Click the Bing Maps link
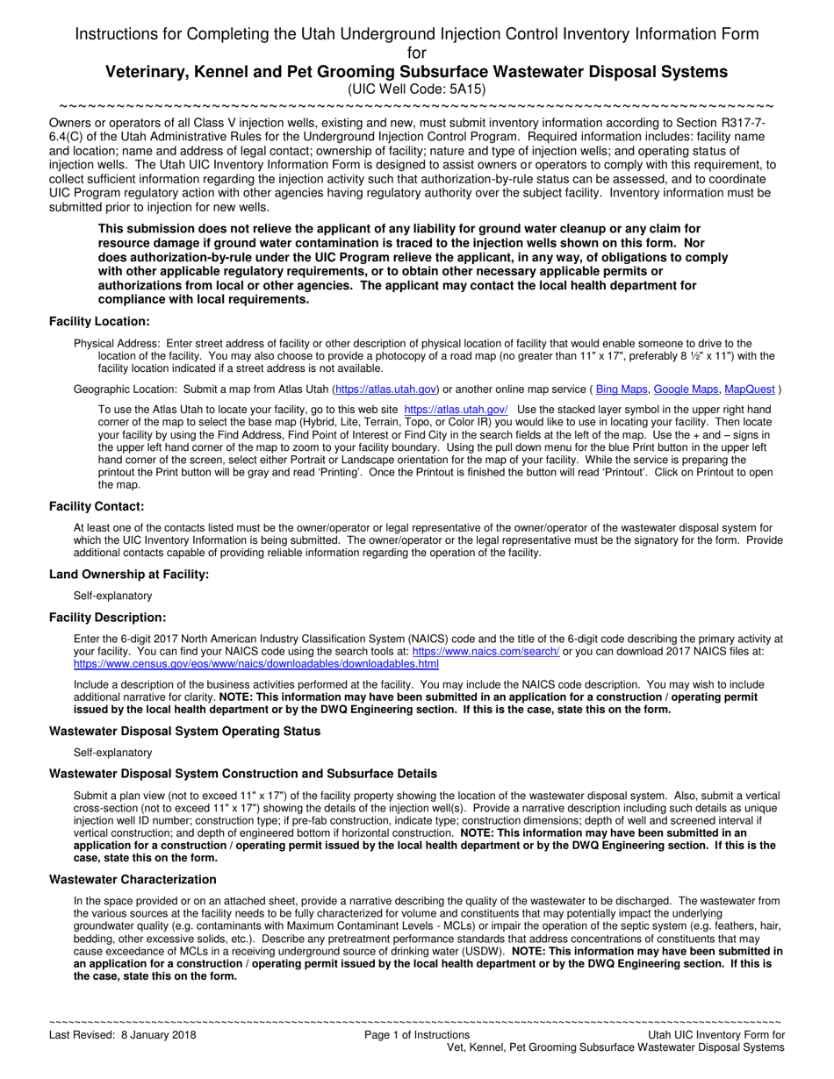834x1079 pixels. tap(622, 388)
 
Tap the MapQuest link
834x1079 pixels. tap(749, 388)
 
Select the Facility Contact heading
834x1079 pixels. tap(97, 506)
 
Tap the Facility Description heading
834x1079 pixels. tap(107, 618)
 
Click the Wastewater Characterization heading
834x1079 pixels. tap(133, 879)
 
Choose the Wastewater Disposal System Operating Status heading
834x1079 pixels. tap(184, 731)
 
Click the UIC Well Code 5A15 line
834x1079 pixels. tap(416, 89)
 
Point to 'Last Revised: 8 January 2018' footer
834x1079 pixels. tap(123, 1035)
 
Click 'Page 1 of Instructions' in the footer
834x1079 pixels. tap(417, 1035)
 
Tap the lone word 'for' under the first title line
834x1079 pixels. tap(417, 53)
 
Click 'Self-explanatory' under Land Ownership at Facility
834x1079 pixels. tap(113, 596)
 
